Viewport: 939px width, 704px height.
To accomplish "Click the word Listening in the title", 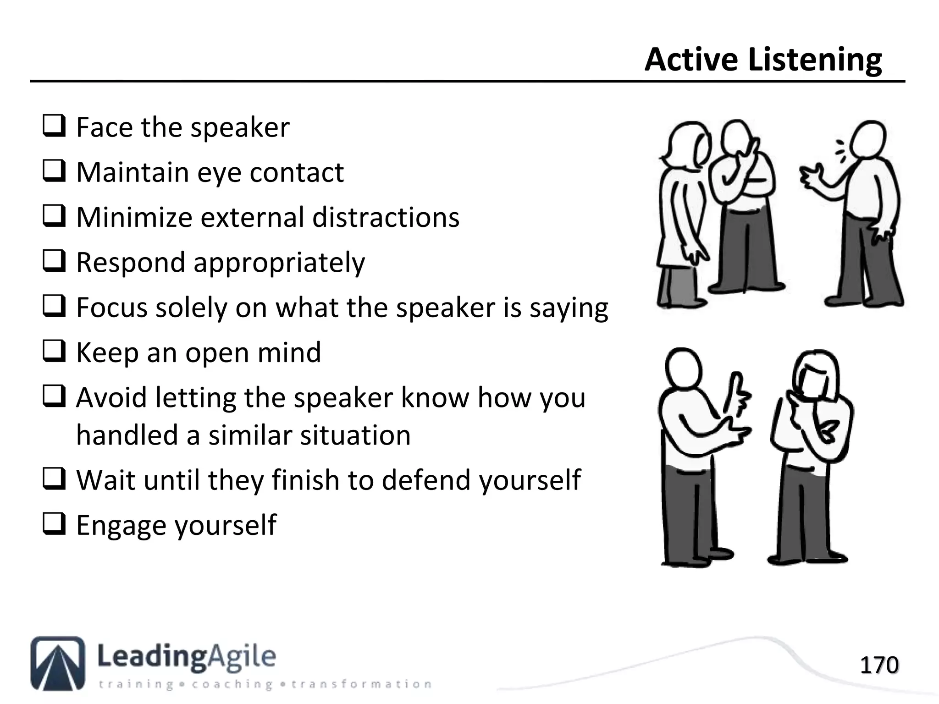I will click(814, 60).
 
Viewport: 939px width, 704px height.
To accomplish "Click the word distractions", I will click(386, 217).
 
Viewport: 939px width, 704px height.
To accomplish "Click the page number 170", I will click(878, 665).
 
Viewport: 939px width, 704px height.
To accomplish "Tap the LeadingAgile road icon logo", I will click(58, 663).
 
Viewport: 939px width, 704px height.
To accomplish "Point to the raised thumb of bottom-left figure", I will click(736, 384).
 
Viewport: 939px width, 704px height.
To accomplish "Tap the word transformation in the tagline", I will click(361, 684).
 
